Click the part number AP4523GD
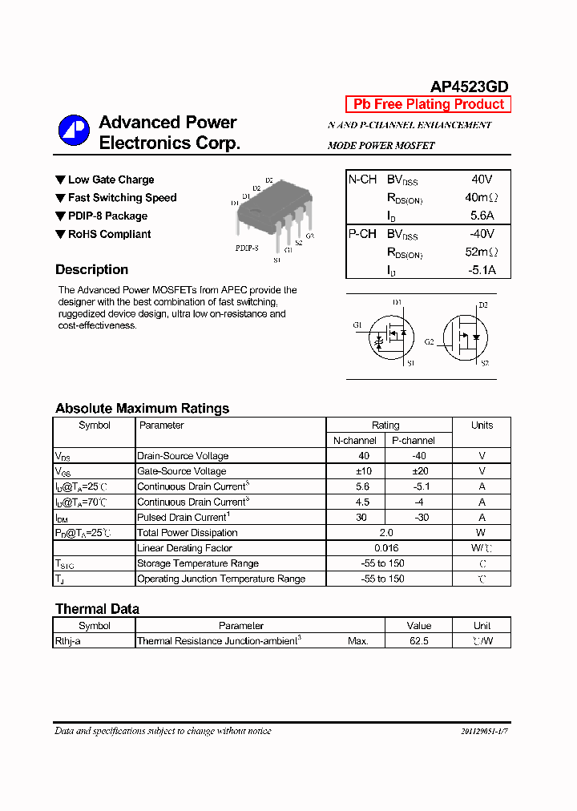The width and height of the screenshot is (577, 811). coord(469,87)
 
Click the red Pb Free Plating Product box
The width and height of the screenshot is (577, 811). coord(428,104)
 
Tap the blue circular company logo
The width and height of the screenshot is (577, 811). coord(74,131)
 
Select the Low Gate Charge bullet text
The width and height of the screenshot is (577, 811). coord(111,180)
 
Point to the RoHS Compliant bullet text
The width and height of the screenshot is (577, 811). coord(109,235)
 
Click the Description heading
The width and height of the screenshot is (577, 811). coord(91,270)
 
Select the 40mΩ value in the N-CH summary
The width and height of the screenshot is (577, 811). coord(481,198)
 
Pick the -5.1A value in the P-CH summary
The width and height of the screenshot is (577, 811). coord(482,270)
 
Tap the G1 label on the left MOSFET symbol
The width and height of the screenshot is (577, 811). coord(357,325)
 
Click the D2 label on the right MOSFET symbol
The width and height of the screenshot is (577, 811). coord(482,305)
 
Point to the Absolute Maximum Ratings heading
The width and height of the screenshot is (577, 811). coord(142,409)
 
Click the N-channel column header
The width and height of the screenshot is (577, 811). coord(355,441)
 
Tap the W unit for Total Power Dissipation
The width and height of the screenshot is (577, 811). coord(481,533)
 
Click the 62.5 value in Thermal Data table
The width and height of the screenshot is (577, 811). coord(418,641)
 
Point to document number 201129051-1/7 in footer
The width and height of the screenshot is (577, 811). coord(484,732)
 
